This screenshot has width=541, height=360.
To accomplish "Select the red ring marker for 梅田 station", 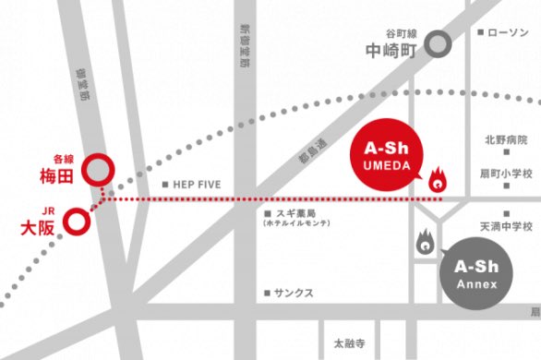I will tap(98, 170).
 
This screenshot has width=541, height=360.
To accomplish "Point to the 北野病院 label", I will tap(506, 140).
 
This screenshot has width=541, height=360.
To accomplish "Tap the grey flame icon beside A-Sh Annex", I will tap(424, 242).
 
